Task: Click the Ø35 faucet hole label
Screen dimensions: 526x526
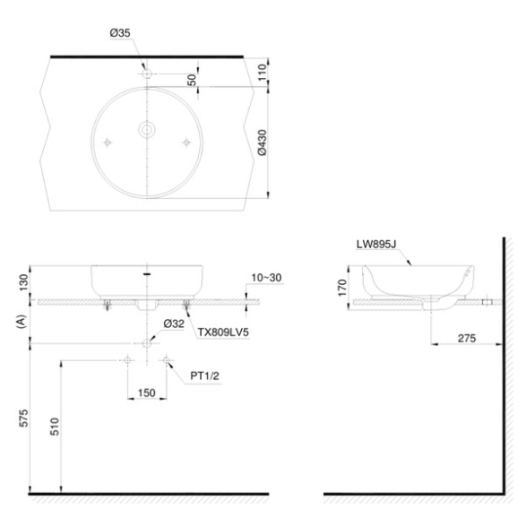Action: click(x=120, y=33)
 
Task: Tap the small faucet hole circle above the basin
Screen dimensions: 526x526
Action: click(x=147, y=73)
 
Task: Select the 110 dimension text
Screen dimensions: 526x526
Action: click(x=262, y=72)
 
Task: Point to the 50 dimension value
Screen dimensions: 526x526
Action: click(x=192, y=80)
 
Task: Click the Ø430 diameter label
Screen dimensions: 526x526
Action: click(x=262, y=142)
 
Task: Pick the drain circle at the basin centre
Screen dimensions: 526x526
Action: click(x=147, y=130)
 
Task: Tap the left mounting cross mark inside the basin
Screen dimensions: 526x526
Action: click(x=107, y=142)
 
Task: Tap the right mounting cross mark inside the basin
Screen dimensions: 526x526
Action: click(x=186, y=142)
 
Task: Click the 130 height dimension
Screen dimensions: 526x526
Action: click(x=23, y=282)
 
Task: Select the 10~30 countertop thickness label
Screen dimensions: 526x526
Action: click(x=266, y=278)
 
